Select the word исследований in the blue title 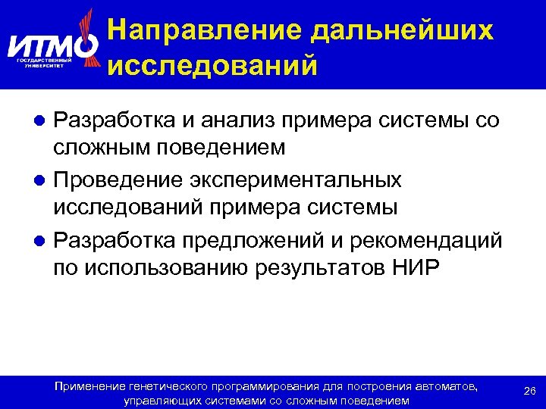point(212,65)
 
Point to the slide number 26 point(531,390)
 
